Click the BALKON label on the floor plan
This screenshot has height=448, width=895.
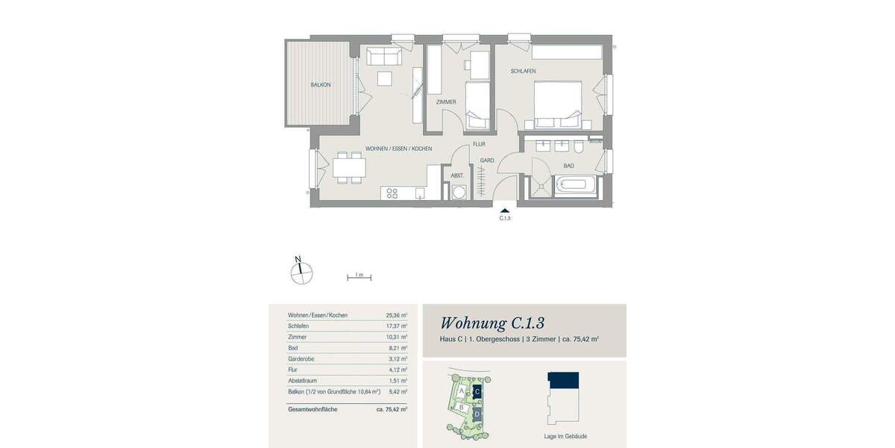(x=321, y=85)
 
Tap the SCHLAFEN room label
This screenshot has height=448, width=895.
(x=523, y=72)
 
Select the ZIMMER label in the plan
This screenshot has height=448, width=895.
(x=446, y=102)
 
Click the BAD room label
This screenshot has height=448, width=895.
(x=568, y=166)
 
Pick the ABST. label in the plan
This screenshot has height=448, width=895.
(x=457, y=176)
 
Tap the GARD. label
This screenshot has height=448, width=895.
(x=488, y=161)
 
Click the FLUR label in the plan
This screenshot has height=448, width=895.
(x=479, y=145)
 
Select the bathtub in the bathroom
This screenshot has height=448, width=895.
(x=575, y=186)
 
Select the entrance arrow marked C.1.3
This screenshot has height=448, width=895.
(x=505, y=212)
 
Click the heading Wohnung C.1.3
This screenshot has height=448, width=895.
(x=492, y=323)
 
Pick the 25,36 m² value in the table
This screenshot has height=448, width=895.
(x=396, y=315)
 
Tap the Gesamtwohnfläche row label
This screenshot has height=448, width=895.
(x=312, y=409)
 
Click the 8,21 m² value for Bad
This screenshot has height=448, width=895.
(x=398, y=348)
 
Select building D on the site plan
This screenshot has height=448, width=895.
(x=477, y=413)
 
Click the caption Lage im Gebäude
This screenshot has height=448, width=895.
(x=565, y=436)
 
